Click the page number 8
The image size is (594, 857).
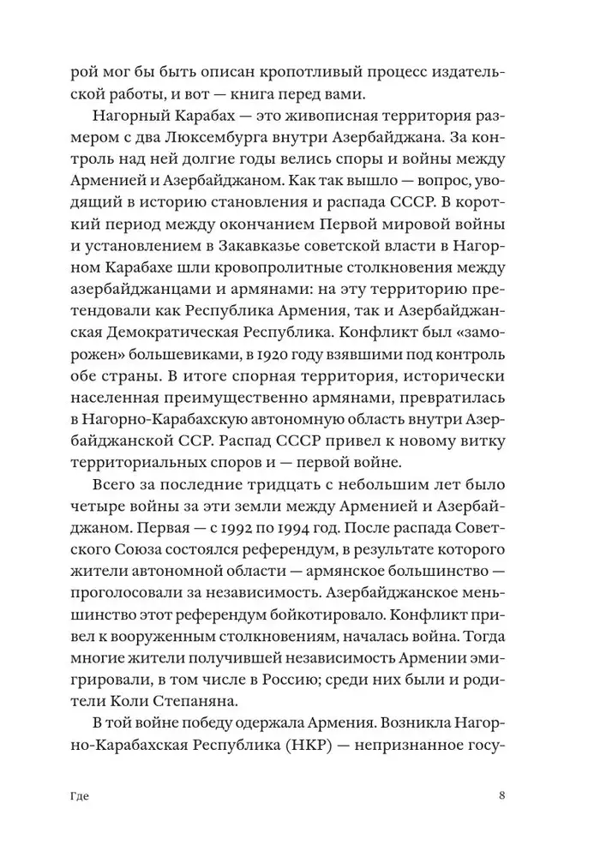pyautogui.click(x=501, y=795)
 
